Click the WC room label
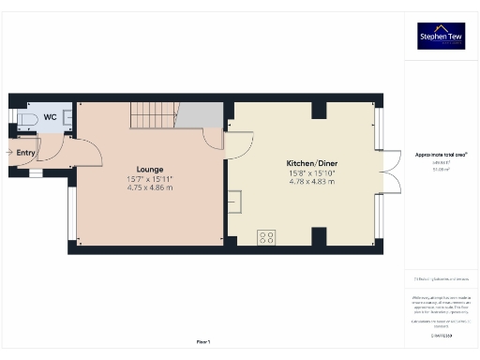pos(50,117)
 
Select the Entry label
pos(24,152)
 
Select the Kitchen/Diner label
pos(313,163)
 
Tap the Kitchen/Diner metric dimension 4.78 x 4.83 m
pos(313,180)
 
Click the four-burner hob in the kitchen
pos(266,236)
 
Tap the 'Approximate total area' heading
pos(442,153)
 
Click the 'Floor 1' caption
pos(203,341)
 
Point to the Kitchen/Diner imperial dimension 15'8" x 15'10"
pos(313,172)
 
